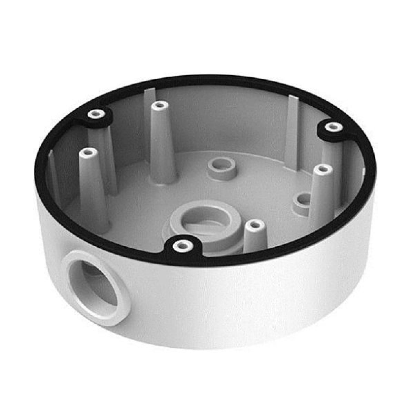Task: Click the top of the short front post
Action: tap(255, 224)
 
